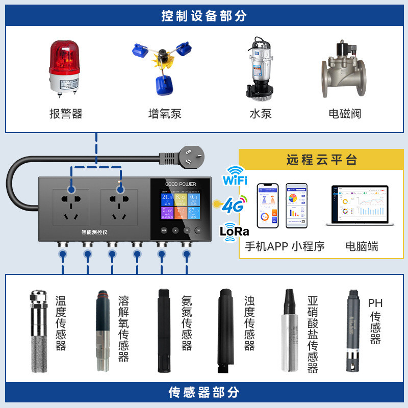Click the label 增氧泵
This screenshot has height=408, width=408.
[x=164, y=113]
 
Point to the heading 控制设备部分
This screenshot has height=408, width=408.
[x=204, y=16]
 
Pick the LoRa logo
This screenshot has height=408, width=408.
[x=234, y=231]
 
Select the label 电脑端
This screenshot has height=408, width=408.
[x=362, y=246]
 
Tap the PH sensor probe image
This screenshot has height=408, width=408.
[x=351, y=331]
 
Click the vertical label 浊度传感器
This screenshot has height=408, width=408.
[x=249, y=323]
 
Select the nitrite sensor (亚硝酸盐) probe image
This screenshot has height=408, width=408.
[x=289, y=331]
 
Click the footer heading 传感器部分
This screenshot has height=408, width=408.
[x=204, y=392]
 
